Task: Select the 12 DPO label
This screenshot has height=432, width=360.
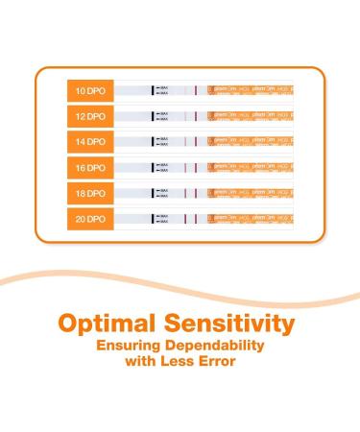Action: click(x=92, y=116)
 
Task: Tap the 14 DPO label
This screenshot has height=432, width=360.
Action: click(x=92, y=142)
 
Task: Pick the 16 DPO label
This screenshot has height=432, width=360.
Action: click(x=92, y=168)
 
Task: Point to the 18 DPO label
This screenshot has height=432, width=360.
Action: click(x=92, y=194)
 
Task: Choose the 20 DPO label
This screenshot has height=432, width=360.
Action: click(x=92, y=220)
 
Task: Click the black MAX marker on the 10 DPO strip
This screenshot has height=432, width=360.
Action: click(x=153, y=90)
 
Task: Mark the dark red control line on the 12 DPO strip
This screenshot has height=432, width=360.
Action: click(x=195, y=116)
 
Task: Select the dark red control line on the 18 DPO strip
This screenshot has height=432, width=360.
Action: click(x=195, y=194)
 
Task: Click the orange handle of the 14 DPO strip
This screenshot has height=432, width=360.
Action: click(x=255, y=142)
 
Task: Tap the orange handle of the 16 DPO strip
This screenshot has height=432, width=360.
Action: click(x=255, y=168)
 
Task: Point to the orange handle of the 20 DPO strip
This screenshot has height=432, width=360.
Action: click(x=255, y=220)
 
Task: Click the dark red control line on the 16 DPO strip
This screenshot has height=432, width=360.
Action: click(x=195, y=168)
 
